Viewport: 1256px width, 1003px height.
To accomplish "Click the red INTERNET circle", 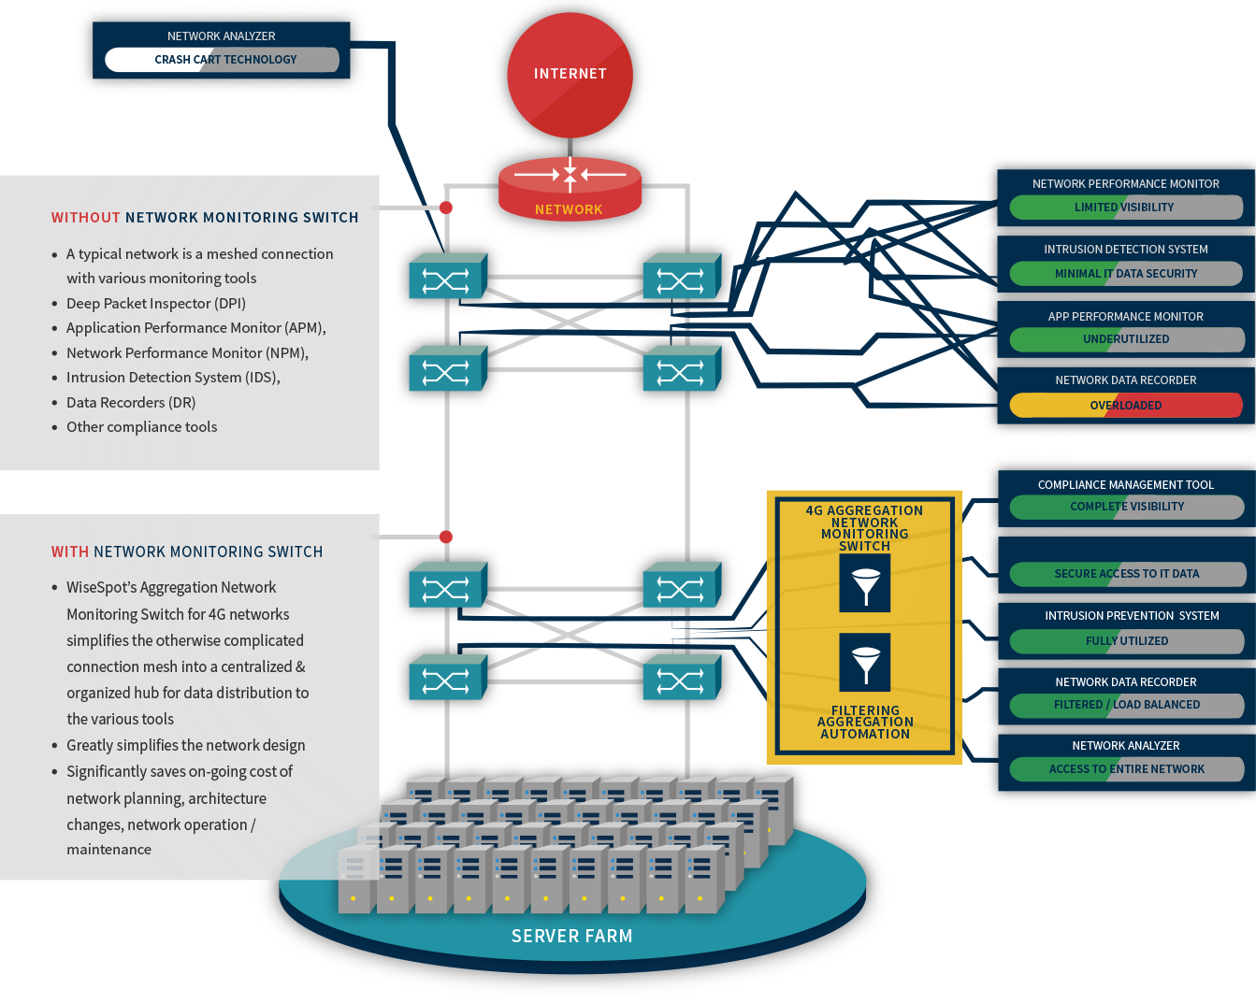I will coord(570,75).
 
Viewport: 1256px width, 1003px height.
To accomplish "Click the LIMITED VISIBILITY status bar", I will coord(1126,208).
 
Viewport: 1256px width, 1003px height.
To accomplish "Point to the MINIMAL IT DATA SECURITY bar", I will coord(1126,274).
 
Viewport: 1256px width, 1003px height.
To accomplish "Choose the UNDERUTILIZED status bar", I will coord(1126,339).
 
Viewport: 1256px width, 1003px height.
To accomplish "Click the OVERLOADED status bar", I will coord(1126,406).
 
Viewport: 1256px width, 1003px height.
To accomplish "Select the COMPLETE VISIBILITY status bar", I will coord(1127,507).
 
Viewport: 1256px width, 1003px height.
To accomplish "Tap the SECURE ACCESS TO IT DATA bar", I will coord(1127,574).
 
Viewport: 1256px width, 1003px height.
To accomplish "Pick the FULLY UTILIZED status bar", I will coord(1127,641).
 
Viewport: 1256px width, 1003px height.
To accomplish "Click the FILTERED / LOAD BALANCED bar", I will coord(1127,705).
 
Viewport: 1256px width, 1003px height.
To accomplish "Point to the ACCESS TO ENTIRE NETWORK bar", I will coord(1127,769).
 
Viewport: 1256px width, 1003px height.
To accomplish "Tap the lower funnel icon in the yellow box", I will coord(864,663).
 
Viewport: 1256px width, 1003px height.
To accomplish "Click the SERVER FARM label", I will coord(571,937).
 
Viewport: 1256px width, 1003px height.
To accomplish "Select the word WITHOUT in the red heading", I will coord(85,218).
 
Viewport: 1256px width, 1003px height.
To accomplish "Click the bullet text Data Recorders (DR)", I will coord(131,403).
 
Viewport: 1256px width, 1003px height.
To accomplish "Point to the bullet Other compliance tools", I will coord(141,427).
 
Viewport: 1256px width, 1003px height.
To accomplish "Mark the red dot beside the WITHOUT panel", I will coord(446,208).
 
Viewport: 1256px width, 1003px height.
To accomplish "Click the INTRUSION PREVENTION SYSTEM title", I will coord(1132,616).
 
